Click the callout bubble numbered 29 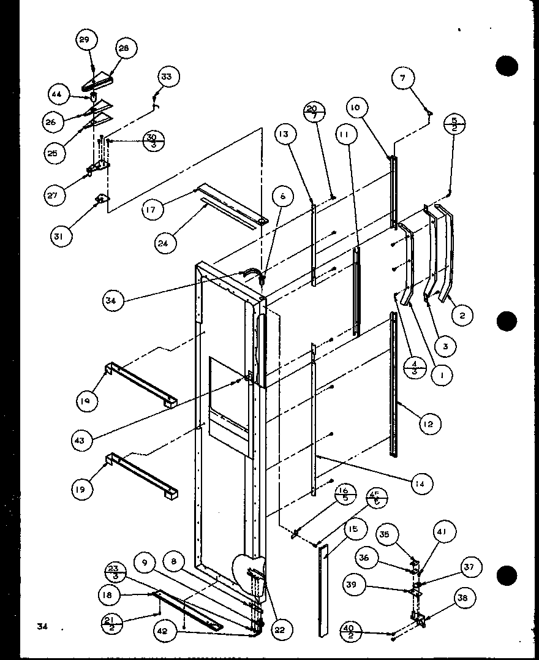pos(84,40)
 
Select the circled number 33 pos(167,77)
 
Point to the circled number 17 pos(153,210)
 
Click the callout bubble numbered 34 pos(115,300)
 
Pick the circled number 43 pos(80,439)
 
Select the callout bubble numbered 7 pos(402,78)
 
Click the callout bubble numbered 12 pos(431,423)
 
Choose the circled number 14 pos(422,484)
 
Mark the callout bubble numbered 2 pos(462,316)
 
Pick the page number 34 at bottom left pos(42,626)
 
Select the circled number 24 pos(166,243)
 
